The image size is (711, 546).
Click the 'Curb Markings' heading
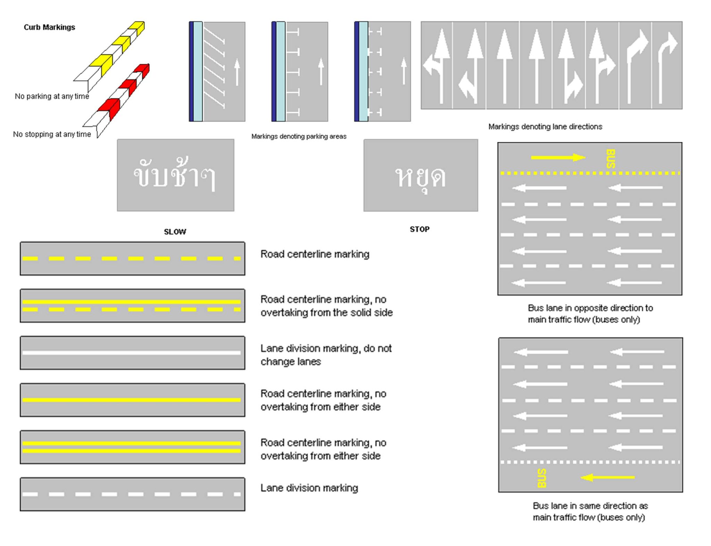pyautogui.click(x=49, y=27)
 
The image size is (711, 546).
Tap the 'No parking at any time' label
pyautogui.click(x=52, y=96)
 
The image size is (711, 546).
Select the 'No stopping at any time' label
pyautogui.click(x=52, y=134)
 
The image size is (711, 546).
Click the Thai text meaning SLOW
pyautogui.click(x=175, y=174)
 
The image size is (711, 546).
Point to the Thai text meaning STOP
pyautogui.click(x=420, y=177)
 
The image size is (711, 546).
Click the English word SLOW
pyautogui.click(x=175, y=231)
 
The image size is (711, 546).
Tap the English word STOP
pyautogui.click(x=419, y=229)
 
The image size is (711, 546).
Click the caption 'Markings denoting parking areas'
pyautogui.click(x=299, y=136)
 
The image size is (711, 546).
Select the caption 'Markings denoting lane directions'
pyautogui.click(x=545, y=127)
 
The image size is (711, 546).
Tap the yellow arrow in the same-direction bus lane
pyautogui.click(x=608, y=477)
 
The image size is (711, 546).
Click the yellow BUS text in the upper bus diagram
pyautogui.click(x=611, y=159)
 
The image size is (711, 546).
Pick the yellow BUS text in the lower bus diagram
pyautogui.click(x=542, y=478)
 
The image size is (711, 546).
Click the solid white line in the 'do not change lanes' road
pyautogui.click(x=132, y=353)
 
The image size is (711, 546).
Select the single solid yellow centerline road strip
pyautogui.click(x=132, y=400)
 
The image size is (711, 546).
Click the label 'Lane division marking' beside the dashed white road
pyautogui.click(x=309, y=488)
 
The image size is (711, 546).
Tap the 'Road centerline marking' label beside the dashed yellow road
pyautogui.click(x=315, y=254)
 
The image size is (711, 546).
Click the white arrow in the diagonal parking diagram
pyautogui.click(x=237, y=72)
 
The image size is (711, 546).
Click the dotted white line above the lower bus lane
pyautogui.click(x=590, y=462)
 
